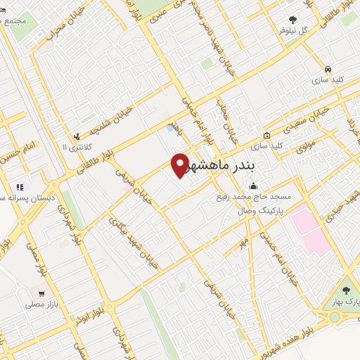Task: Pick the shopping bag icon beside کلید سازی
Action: click(x=266, y=136)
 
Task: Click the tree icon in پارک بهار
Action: click(x=345, y=290)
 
